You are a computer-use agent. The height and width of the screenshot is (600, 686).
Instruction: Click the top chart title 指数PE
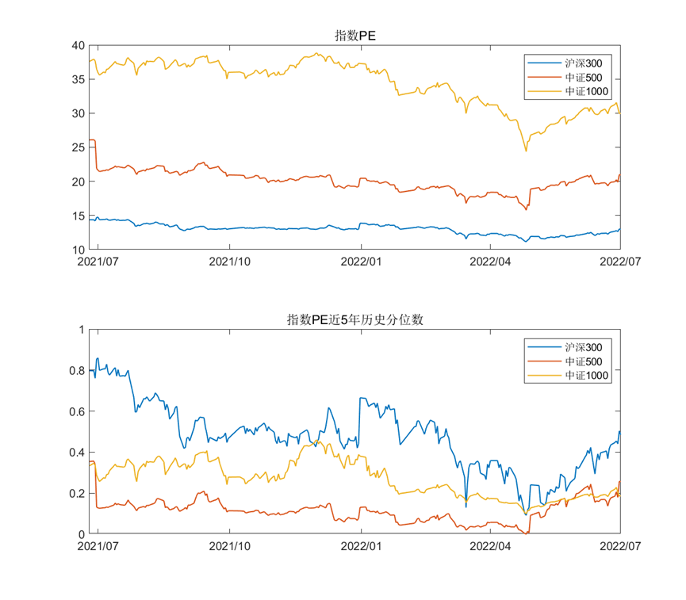point(354,35)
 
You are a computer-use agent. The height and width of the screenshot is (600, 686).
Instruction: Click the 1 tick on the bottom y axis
point(80,330)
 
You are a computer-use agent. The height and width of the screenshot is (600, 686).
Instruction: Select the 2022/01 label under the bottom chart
point(361,546)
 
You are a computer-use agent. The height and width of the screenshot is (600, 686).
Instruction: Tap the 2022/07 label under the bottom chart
point(619,546)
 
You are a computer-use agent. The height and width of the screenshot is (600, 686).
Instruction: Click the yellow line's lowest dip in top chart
point(525,151)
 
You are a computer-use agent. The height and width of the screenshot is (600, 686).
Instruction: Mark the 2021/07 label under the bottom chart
point(98,546)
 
